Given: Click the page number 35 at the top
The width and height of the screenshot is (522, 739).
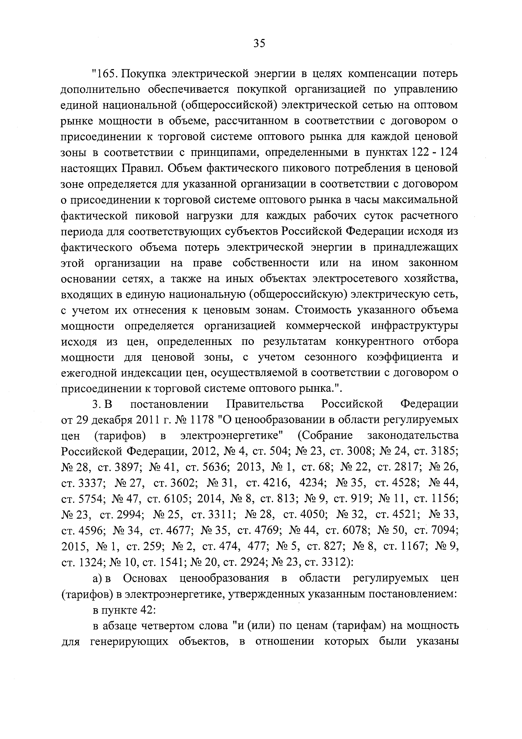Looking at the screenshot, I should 259,43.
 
